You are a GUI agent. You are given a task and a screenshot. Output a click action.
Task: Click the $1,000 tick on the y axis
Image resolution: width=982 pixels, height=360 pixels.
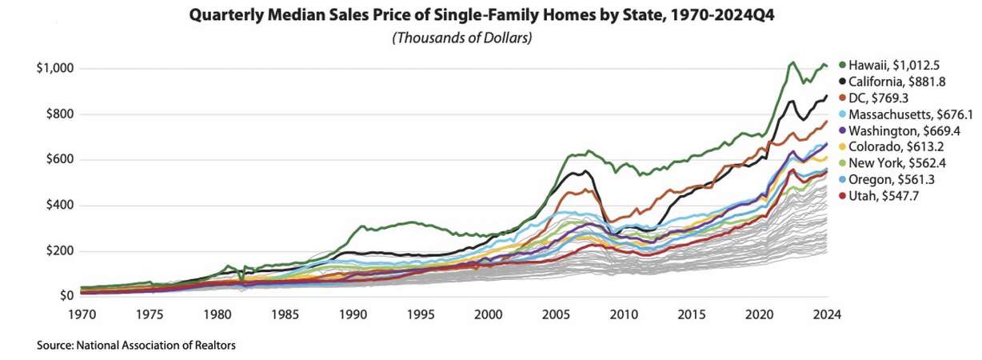point(55,69)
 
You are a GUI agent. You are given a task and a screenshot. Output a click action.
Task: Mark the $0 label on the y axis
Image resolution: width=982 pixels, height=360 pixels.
point(66,296)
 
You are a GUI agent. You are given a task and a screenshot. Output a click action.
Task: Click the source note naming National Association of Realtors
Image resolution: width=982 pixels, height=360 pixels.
point(136,346)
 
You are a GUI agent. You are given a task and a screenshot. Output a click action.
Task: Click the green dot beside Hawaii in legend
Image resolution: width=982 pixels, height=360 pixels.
point(842,65)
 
